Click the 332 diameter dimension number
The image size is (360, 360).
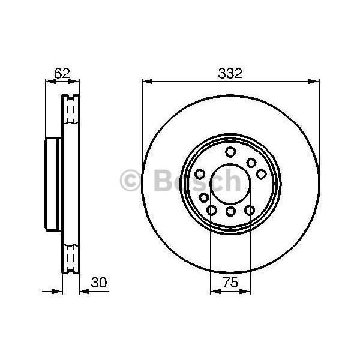point(230,74)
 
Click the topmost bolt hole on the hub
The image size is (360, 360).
point(230,152)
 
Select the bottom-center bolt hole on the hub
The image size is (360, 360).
point(230,211)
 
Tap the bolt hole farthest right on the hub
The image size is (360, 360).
point(261,174)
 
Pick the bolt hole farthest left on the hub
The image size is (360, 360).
point(204,197)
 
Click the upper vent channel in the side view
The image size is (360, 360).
point(71,110)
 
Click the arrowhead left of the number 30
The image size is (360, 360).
point(84,292)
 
